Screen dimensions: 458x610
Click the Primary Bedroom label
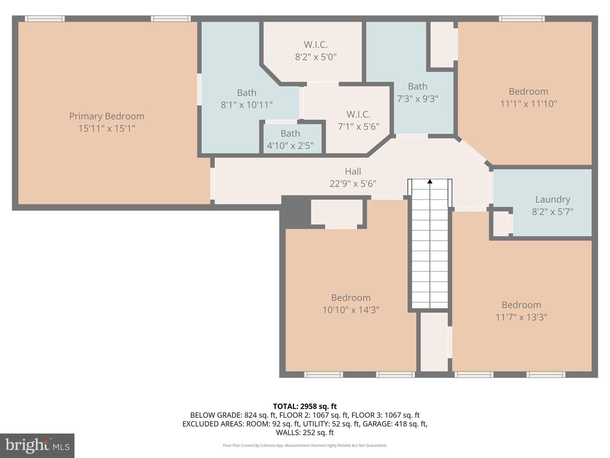[x=107, y=116]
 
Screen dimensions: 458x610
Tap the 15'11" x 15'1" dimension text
[x=107, y=128]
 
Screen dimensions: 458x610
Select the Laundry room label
[x=552, y=199]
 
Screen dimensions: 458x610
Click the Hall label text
[x=353, y=171]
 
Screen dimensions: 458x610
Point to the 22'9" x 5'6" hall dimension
[x=353, y=184]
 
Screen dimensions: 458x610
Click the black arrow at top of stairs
[x=430, y=182]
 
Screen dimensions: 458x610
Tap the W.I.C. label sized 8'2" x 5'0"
[x=316, y=45]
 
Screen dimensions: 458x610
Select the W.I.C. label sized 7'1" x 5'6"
[x=358, y=114]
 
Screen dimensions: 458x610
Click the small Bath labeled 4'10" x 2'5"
[x=290, y=134]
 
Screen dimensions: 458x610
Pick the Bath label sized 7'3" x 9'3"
[x=417, y=87]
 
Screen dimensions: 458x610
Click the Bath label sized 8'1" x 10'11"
[x=247, y=92]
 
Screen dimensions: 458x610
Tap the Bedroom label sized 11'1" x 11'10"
[x=528, y=92]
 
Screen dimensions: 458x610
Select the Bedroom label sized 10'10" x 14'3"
[x=351, y=298]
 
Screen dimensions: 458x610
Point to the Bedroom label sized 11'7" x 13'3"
[x=521, y=305]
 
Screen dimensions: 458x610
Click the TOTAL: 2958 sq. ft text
[x=305, y=406]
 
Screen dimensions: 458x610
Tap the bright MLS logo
[x=37, y=445]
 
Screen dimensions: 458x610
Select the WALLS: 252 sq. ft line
[x=305, y=433]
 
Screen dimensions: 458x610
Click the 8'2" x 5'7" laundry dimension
[x=552, y=212]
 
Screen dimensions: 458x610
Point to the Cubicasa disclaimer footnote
[x=305, y=445]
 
